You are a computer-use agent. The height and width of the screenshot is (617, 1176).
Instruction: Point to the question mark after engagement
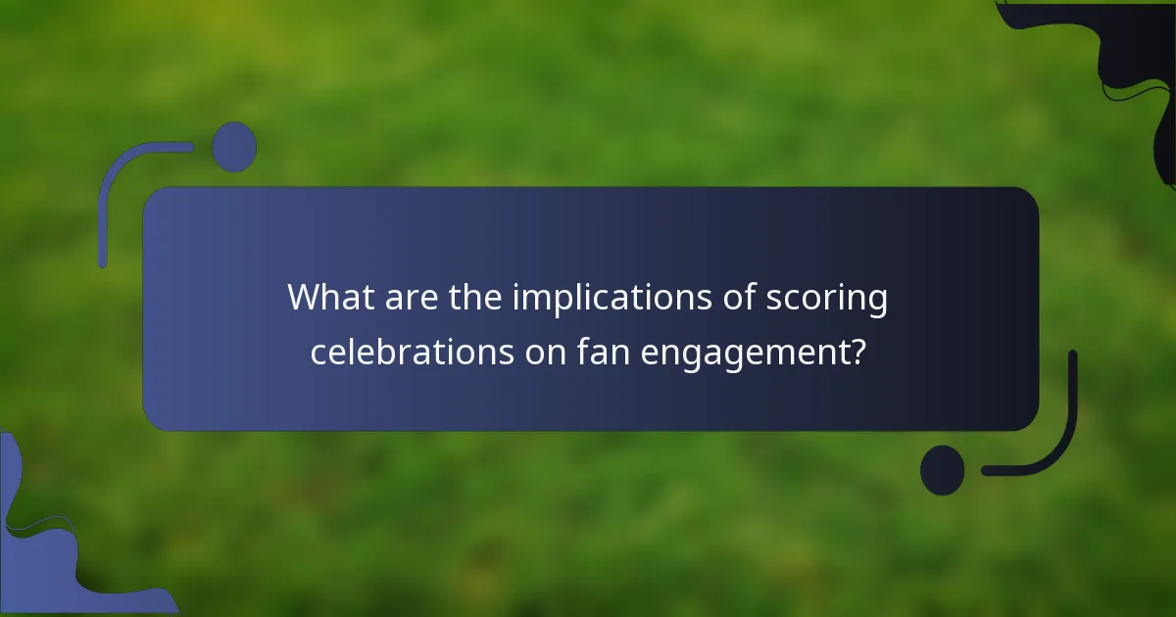(857, 350)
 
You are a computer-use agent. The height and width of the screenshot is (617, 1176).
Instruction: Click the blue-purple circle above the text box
(234, 147)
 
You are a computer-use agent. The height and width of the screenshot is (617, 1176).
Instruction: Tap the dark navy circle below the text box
(942, 470)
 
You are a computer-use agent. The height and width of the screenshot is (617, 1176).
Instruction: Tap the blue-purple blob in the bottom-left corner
(49, 558)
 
